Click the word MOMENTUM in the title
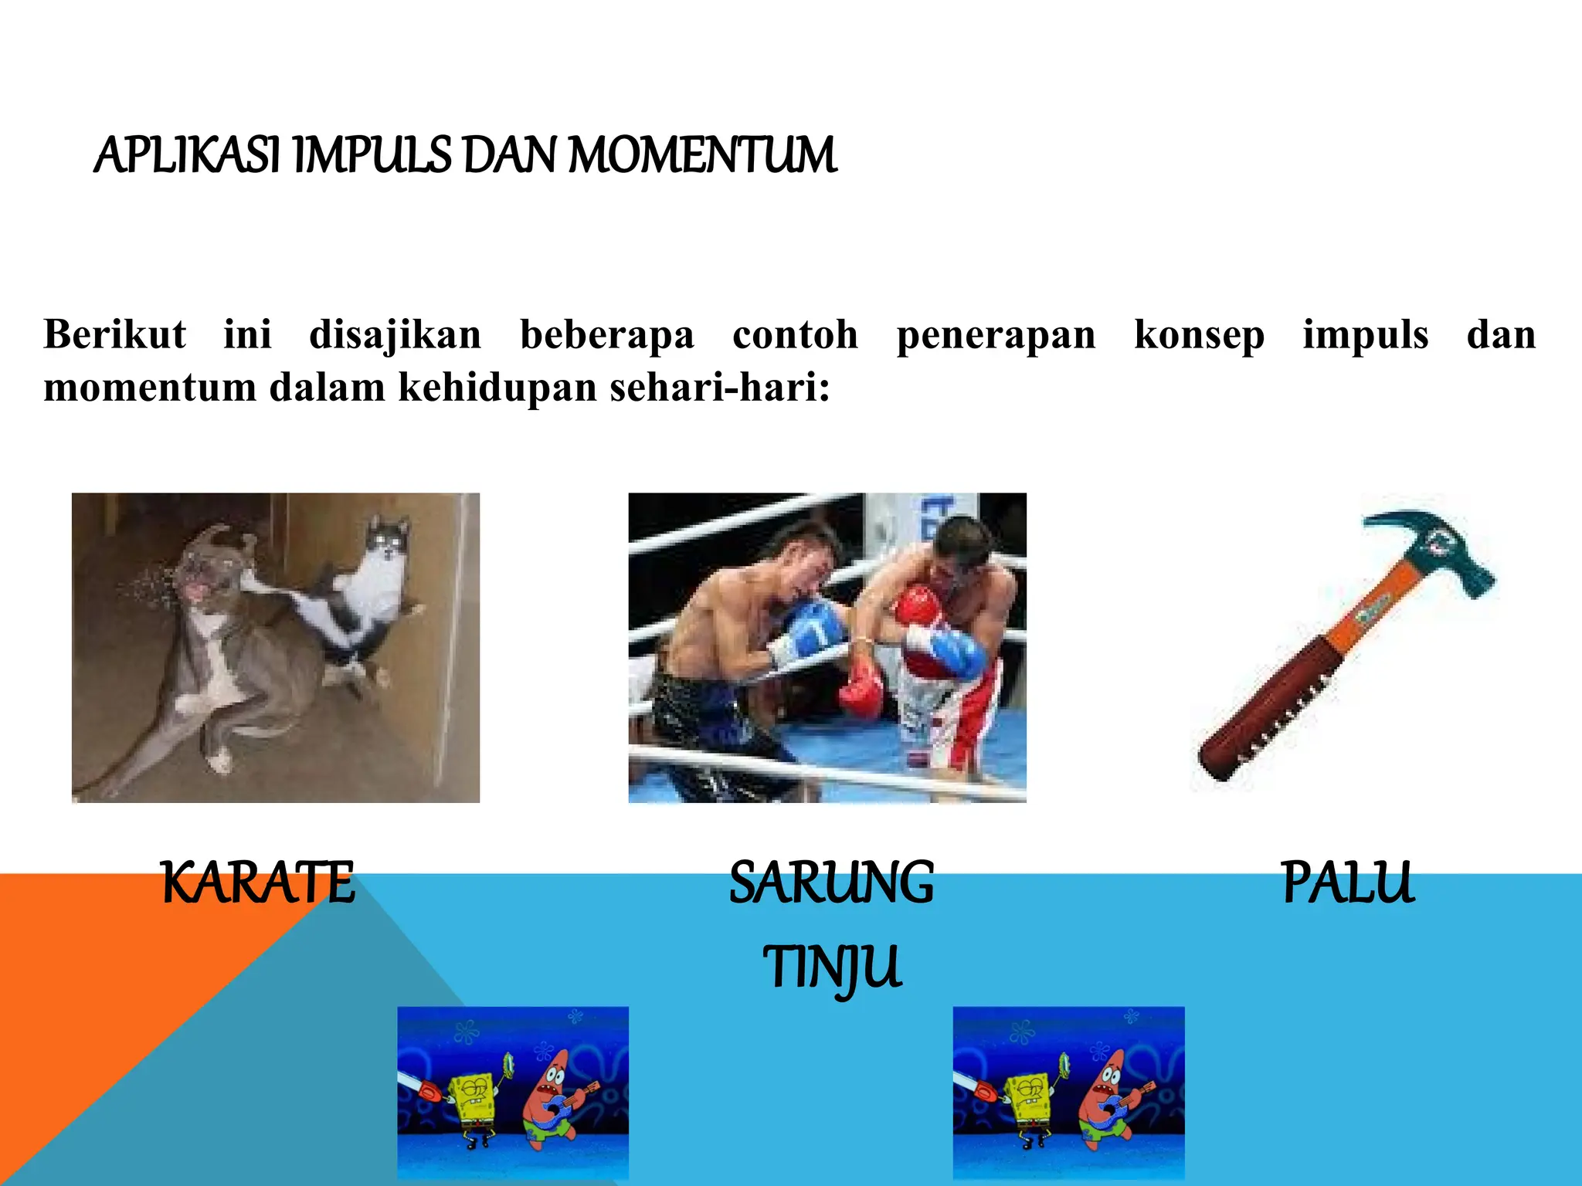click(702, 155)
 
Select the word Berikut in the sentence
click(114, 335)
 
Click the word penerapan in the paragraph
click(996, 335)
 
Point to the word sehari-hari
click(719, 387)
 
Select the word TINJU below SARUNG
click(831, 967)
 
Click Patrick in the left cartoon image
click(552, 1096)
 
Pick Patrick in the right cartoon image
click(1108, 1096)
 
